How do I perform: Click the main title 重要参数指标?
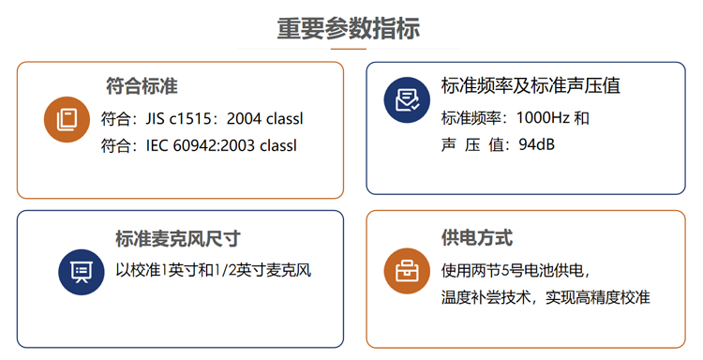(348, 27)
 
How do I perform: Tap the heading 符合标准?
(142, 87)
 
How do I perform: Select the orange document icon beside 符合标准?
(67, 119)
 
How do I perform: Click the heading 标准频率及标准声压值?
(531, 86)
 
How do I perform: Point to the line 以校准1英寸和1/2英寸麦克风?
(213, 271)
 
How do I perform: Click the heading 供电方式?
(476, 239)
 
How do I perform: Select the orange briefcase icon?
(406, 272)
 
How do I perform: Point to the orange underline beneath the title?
(348, 48)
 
